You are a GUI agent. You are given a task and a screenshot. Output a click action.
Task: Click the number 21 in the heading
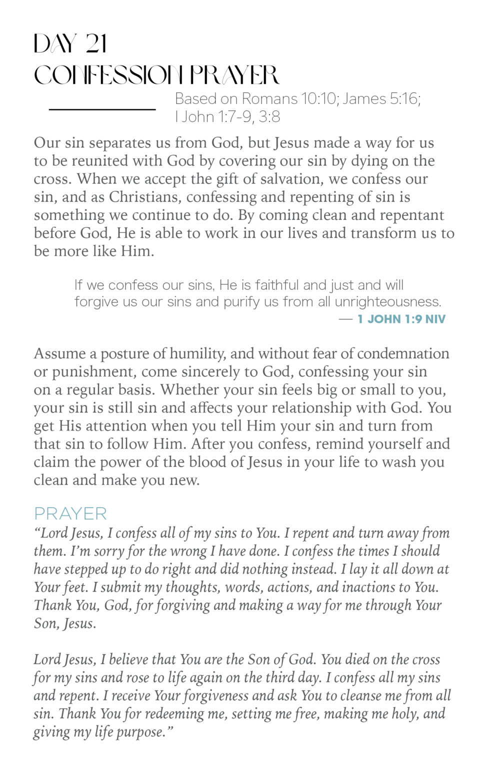(x=96, y=44)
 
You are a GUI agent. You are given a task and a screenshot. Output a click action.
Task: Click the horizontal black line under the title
(x=102, y=108)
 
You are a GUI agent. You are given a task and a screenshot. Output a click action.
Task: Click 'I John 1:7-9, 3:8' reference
(x=227, y=116)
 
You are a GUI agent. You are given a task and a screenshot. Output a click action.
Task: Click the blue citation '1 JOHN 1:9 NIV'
(x=401, y=319)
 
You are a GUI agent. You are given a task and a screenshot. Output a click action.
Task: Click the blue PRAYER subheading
(x=70, y=513)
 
